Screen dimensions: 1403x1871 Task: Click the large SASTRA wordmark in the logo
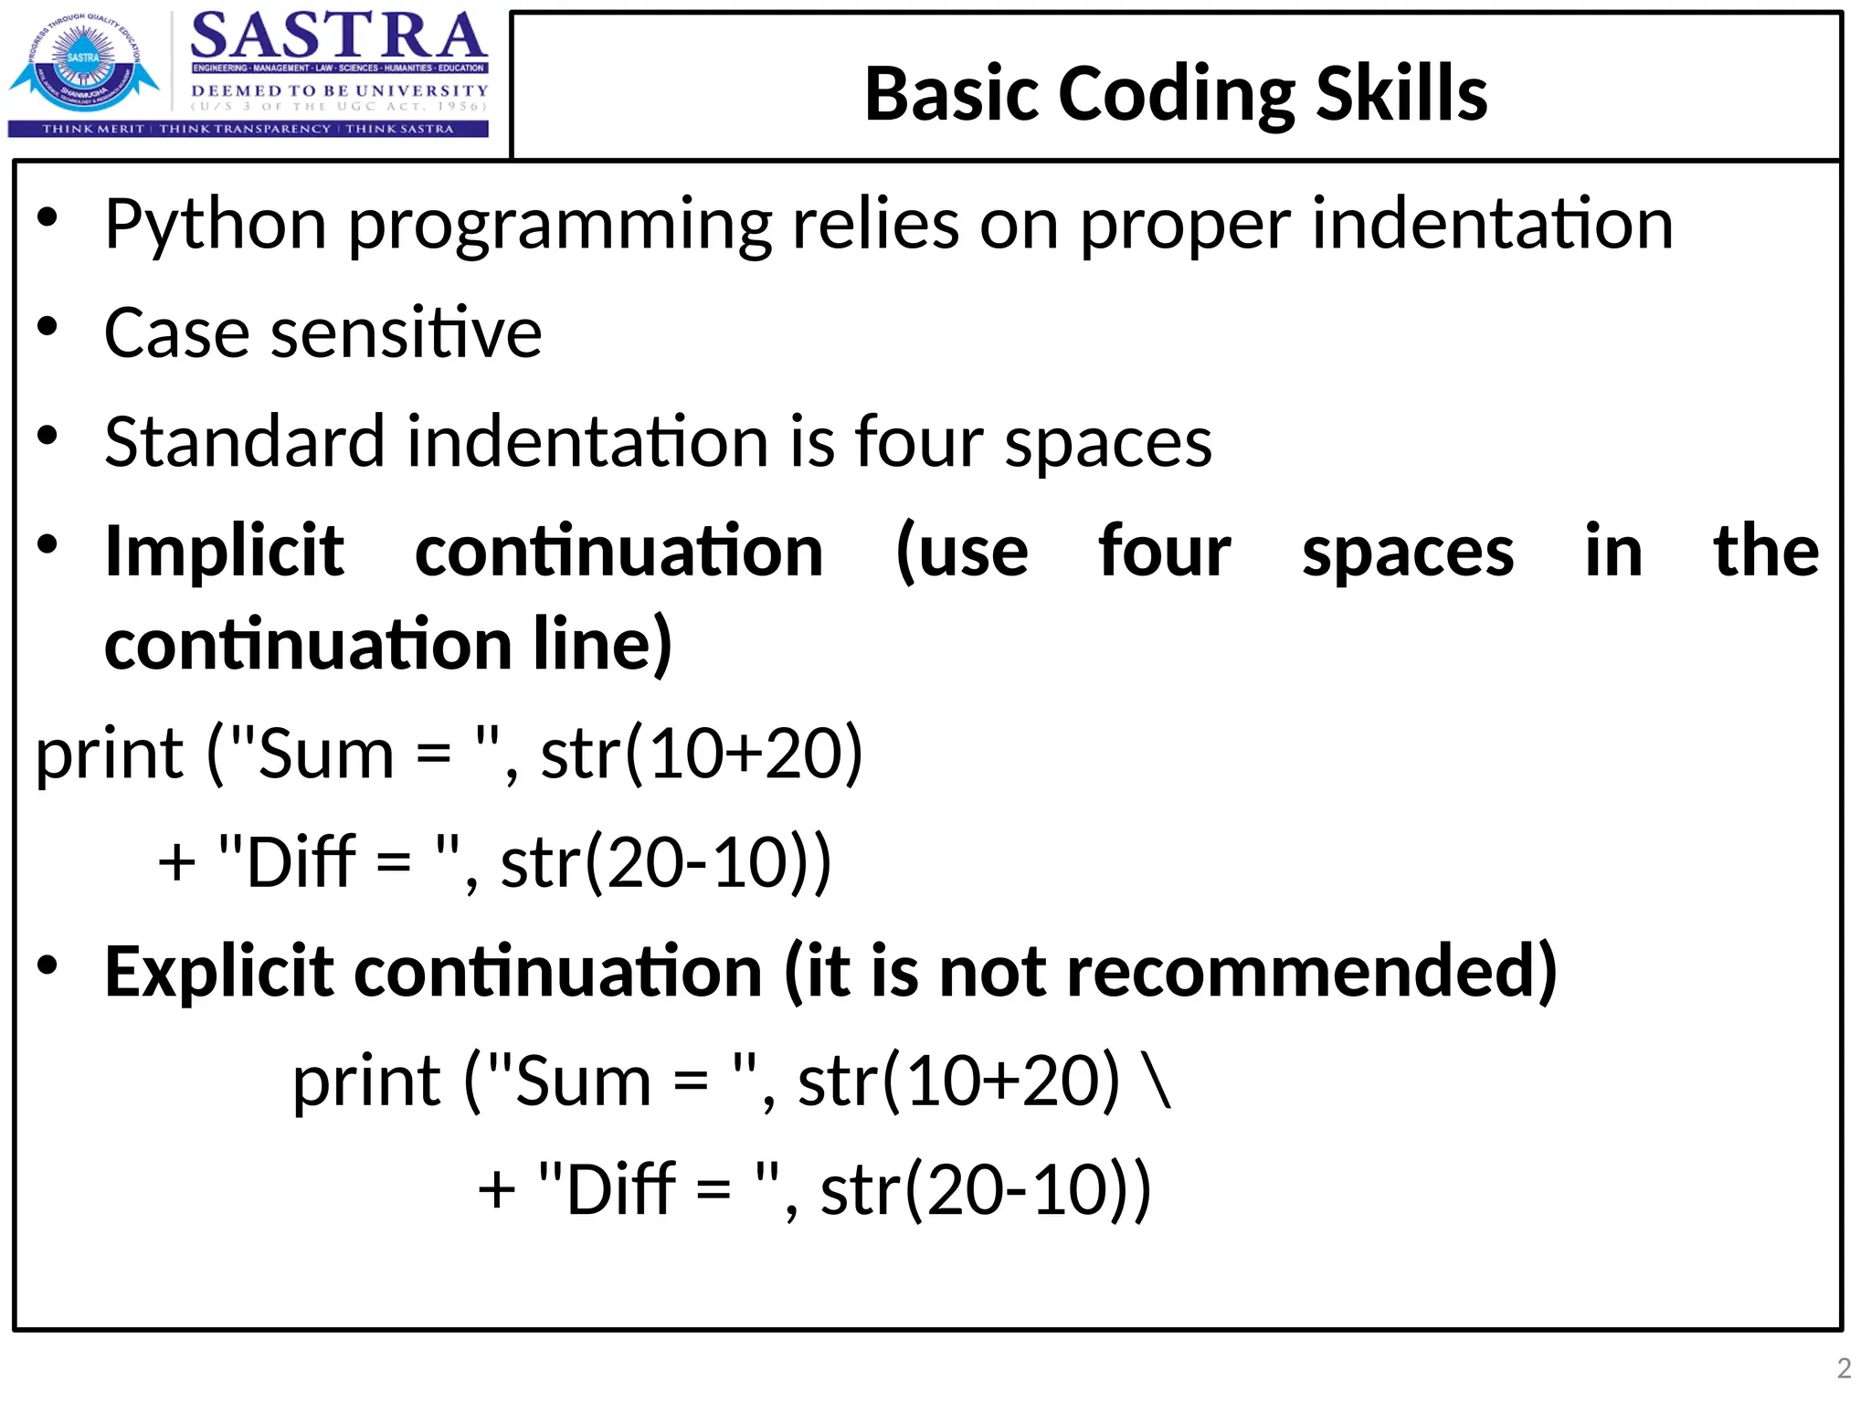pyautogui.click(x=339, y=37)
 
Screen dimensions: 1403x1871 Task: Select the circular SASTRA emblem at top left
pyautogui.click(x=84, y=62)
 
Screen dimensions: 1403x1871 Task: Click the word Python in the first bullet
pyautogui.click(x=216, y=225)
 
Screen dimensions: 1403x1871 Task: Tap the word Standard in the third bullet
pyautogui.click(x=244, y=442)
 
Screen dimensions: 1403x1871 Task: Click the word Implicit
pyautogui.click(x=225, y=552)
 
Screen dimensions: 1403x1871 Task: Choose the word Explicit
pyautogui.click(x=219, y=971)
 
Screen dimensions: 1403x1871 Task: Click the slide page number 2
pyautogui.click(x=1844, y=1367)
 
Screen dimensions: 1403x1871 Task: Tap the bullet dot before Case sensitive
pyautogui.click(x=48, y=327)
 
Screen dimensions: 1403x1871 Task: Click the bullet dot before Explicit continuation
pyautogui.click(x=48, y=965)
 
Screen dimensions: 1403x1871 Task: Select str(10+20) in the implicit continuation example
pyautogui.click(x=702, y=754)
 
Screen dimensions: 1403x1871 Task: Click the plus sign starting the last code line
pyautogui.click(x=497, y=1190)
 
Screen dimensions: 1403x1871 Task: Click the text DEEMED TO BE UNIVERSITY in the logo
pyautogui.click(x=339, y=90)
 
